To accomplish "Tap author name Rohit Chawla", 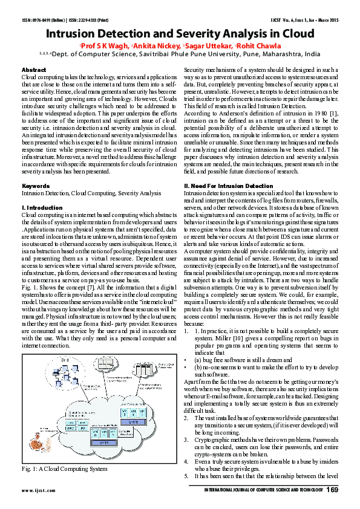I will tap(259, 46).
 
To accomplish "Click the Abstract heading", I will tap(33, 71).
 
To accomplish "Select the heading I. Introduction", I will tap(41, 207).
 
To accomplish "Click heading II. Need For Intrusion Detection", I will tap(228, 186).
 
